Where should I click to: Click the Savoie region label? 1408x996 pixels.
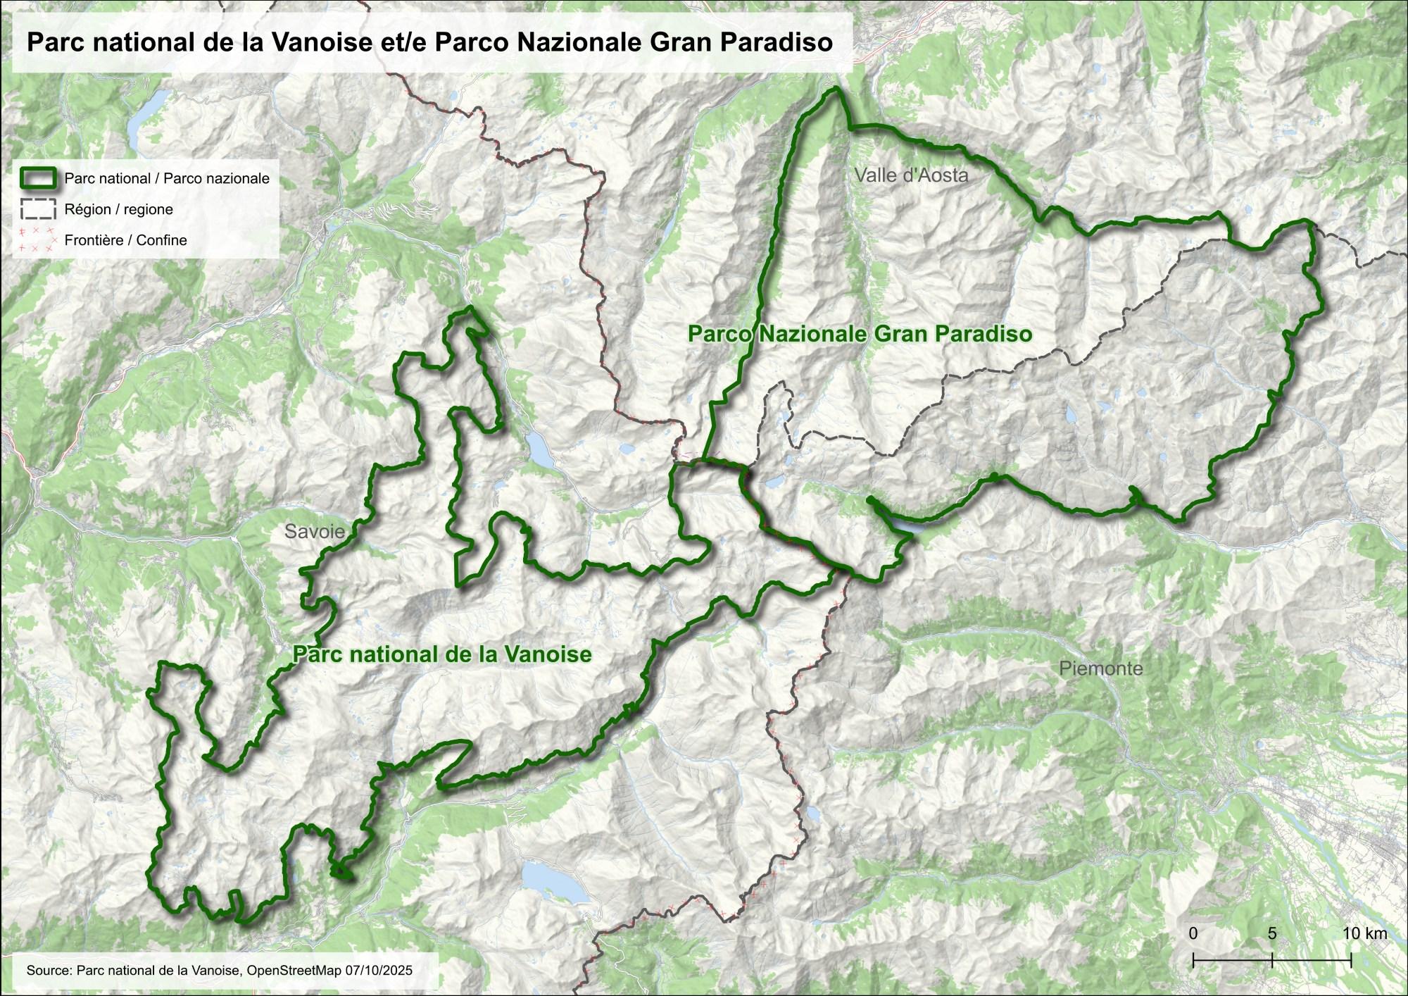[315, 531]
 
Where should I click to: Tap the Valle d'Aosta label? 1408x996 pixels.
[911, 175]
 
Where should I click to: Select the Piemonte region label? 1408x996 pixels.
[1100, 668]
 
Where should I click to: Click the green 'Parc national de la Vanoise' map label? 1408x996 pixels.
[442, 654]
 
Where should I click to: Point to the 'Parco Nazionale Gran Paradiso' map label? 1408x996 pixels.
[860, 333]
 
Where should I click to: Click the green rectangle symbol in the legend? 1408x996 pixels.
[38, 178]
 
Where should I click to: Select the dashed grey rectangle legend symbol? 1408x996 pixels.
[38, 209]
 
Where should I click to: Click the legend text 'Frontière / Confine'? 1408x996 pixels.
[125, 240]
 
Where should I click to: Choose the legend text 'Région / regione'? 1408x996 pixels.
[118, 209]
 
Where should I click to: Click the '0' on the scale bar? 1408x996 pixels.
[1193, 933]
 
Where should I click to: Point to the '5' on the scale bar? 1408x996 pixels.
[1271, 933]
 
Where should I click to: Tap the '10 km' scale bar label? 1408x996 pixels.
[1364, 933]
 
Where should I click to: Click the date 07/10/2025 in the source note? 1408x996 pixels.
[379, 971]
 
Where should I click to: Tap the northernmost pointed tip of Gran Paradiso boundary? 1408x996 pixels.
[836, 89]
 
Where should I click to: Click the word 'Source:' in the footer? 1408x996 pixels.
[49, 971]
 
